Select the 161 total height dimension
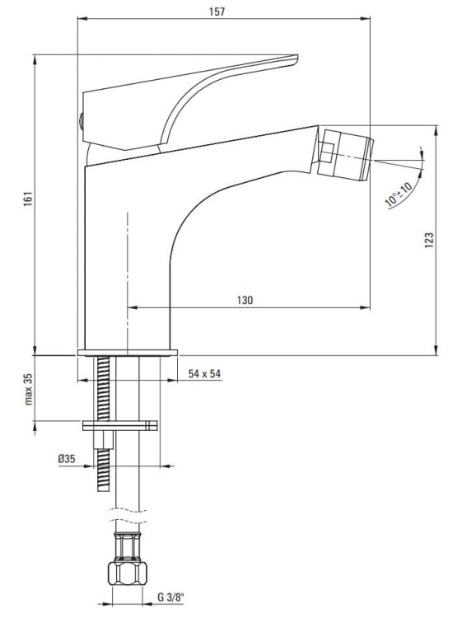pyautogui.click(x=27, y=199)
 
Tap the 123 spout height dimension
pyautogui.click(x=428, y=239)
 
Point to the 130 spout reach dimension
pyautogui.click(x=245, y=301)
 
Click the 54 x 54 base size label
pyautogui.click(x=205, y=374)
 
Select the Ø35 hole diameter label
pyautogui.click(x=67, y=461)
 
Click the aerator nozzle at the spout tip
pyautogui.click(x=346, y=155)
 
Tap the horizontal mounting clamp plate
pyautogui.click(x=120, y=425)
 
